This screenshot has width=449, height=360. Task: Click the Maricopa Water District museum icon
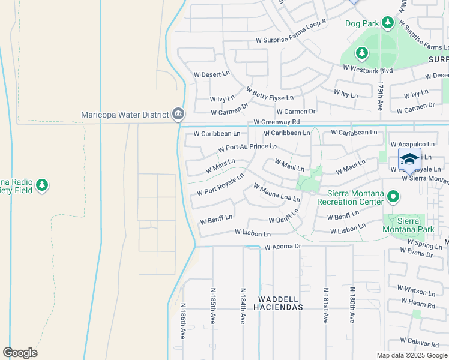point(178,114)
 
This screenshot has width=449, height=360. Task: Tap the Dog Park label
point(362,24)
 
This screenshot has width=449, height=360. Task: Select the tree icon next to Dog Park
point(388,23)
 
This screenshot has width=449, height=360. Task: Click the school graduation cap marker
point(409,160)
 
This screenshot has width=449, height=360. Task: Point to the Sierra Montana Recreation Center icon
point(393,196)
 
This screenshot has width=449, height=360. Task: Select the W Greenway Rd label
point(276,122)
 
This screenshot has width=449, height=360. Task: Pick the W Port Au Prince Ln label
point(247,147)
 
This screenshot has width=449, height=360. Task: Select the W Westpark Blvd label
point(367,70)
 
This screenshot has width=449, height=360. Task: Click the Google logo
point(20,353)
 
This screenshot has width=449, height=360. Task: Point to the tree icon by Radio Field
point(41,185)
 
